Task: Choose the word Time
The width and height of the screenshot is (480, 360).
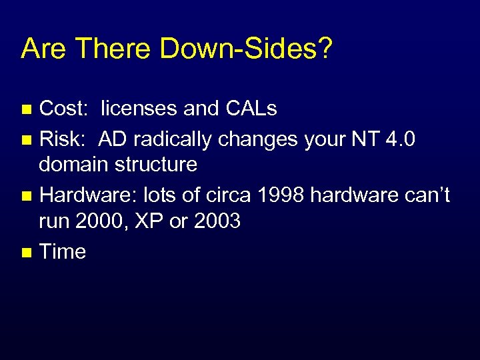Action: [x=63, y=251]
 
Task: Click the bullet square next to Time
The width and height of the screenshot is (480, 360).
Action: [x=27, y=253]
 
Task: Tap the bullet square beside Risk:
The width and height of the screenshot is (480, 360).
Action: [x=27, y=141]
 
